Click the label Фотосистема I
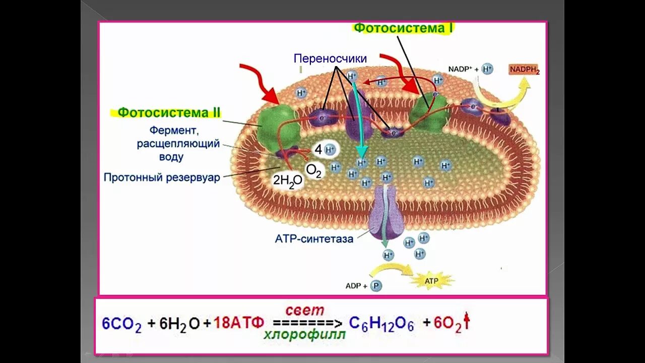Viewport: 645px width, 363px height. [x=403, y=28]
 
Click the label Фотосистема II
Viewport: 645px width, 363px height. [x=169, y=112]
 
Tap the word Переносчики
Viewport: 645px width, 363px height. [x=330, y=59]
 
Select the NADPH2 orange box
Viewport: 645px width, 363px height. [x=524, y=70]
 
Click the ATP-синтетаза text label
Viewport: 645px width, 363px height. [x=314, y=239]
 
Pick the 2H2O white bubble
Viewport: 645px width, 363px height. [x=288, y=180]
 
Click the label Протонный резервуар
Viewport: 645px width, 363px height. [x=162, y=177]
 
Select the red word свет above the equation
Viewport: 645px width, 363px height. [x=305, y=310]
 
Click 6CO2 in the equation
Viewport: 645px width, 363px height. [x=121, y=324]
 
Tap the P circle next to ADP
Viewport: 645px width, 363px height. [x=376, y=286]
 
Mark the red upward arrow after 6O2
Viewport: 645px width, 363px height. [x=467, y=321]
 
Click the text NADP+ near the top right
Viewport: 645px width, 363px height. [x=461, y=69]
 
